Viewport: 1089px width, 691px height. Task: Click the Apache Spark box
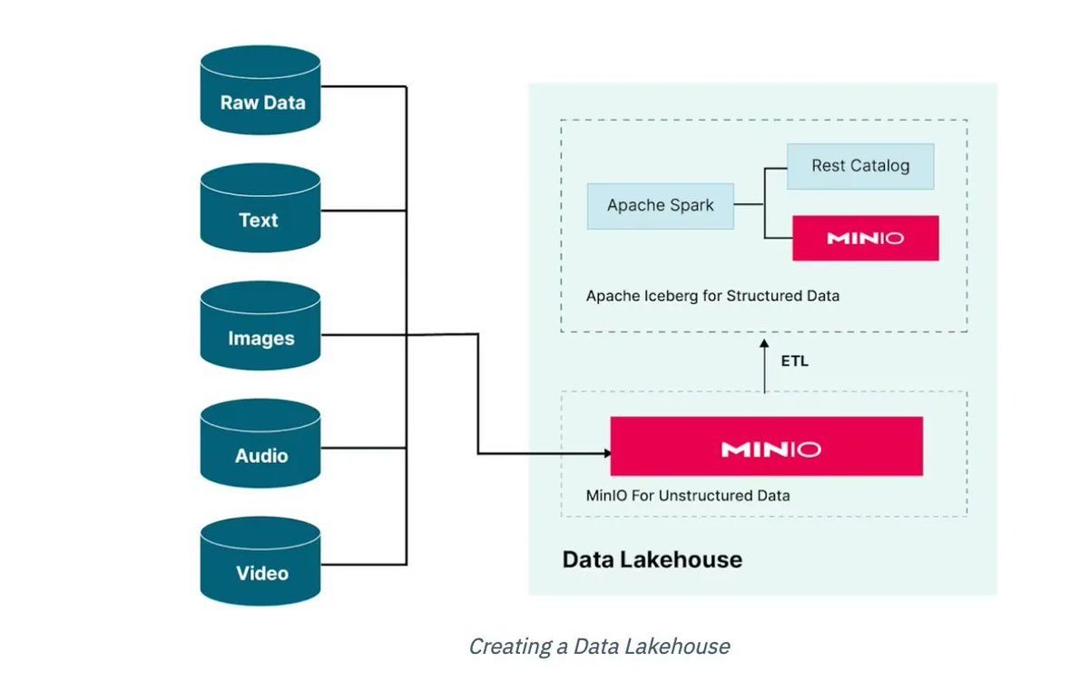(x=660, y=205)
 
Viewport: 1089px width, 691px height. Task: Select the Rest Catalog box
(x=859, y=166)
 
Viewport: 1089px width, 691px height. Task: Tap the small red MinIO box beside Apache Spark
(x=865, y=238)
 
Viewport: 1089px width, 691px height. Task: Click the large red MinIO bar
(x=766, y=447)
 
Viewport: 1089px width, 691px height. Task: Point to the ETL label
(x=794, y=361)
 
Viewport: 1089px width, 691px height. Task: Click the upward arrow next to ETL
(x=765, y=363)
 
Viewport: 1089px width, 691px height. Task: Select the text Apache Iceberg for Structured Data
(x=712, y=296)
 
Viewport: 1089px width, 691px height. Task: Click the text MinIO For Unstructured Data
(x=688, y=496)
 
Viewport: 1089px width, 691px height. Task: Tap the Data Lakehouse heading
(x=652, y=558)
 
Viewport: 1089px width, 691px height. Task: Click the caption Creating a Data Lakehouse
(x=599, y=647)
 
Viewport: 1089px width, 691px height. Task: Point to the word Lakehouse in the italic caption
(x=685, y=647)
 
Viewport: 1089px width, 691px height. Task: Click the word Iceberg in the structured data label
(x=671, y=296)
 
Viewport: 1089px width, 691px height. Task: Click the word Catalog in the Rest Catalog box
(x=878, y=166)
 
